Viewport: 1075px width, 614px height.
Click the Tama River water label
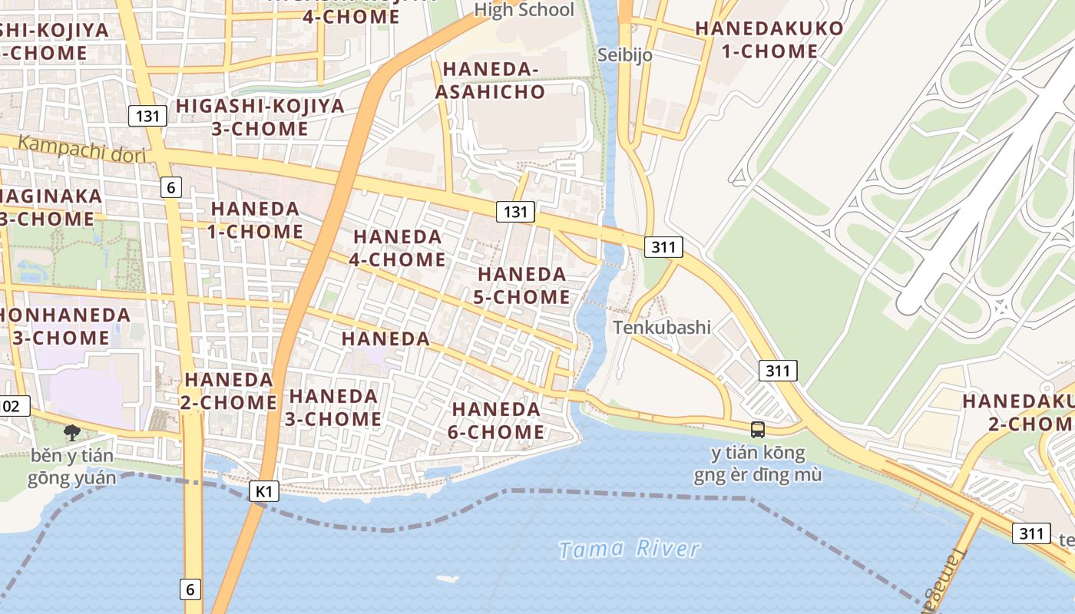pyautogui.click(x=629, y=549)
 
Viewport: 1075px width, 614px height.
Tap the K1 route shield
pyautogui.click(x=263, y=491)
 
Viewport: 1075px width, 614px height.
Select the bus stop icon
pyautogui.click(x=758, y=430)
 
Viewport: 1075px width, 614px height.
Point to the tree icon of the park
pyautogui.click(x=72, y=433)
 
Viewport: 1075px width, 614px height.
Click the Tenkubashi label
pyautogui.click(x=662, y=327)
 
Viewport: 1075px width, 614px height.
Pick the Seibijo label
pyautogui.click(x=625, y=54)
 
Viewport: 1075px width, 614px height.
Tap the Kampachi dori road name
pyautogui.click(x=81, y=148)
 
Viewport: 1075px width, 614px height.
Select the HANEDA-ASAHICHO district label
pyautogui.click(x=491, y=81)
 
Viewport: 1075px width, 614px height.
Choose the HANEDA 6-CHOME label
pyautogui.click(x=496, y=421)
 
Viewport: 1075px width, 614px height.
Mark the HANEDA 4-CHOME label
pyautogui.click(x=397, y=248)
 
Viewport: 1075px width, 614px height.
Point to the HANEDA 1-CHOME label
pyautogui.click(x=256, y=220)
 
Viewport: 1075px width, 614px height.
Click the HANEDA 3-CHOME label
pyautogui.click(x=334, y=408)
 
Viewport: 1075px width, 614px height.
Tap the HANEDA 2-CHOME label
pyautogui.click(x=230, y=391)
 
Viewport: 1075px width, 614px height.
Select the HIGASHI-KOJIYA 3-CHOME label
pyautogui.click(x=260, y=117)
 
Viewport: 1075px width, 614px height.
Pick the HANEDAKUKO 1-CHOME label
pyautogui.click(x=769, y=40)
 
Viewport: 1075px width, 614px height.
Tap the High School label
pyautogui.click(x=524, y=10)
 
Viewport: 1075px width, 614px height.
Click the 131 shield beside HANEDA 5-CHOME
pyautogui.click(x=514, y=212)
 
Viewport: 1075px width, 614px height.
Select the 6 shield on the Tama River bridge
pyautogui.click(x=191, y=589)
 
